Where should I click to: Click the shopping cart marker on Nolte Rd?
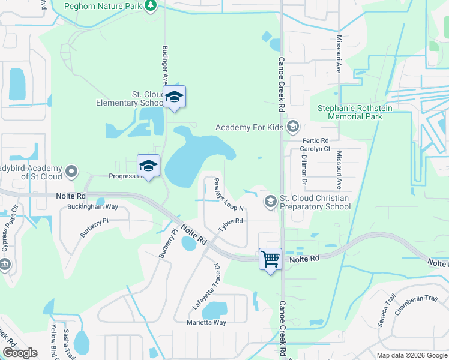click(271, 260)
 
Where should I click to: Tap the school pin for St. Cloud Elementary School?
click(174, 97)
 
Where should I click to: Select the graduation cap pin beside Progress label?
click(148, 166)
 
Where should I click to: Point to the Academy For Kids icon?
click(293, 127)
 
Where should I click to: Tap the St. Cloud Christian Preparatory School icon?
click(271, 202)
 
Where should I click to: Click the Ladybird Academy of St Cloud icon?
click(71, 172)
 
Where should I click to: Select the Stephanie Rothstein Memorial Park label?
click(350, 112)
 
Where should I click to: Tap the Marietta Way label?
click(206, 322)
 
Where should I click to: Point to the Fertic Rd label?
click(316, 140)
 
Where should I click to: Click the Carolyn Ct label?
click(316, 149)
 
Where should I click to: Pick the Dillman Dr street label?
click(303, 170)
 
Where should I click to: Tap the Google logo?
click(20, 353)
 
